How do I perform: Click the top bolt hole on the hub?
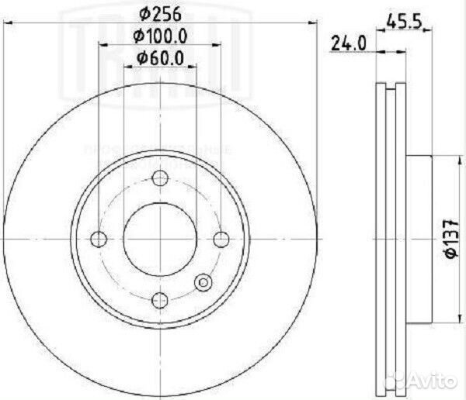click(160, 178)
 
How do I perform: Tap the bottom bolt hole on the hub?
click(160, 298)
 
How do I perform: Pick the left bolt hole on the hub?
click(99, 238)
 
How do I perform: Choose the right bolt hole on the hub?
click(221, 238)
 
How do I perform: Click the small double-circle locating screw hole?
click(205, 283)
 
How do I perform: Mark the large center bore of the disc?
click(160, 238)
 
